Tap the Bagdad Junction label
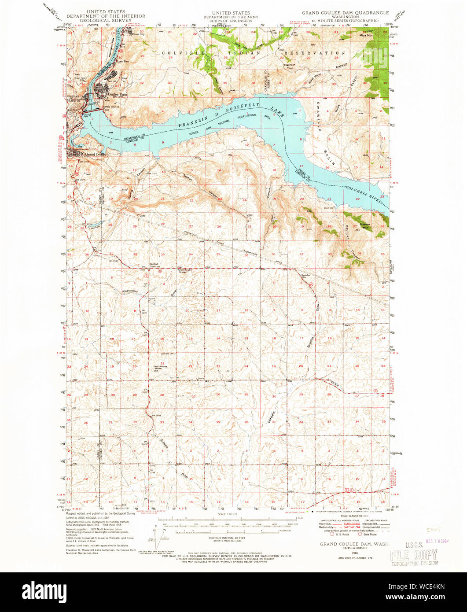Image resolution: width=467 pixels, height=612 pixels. coord(155,265)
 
